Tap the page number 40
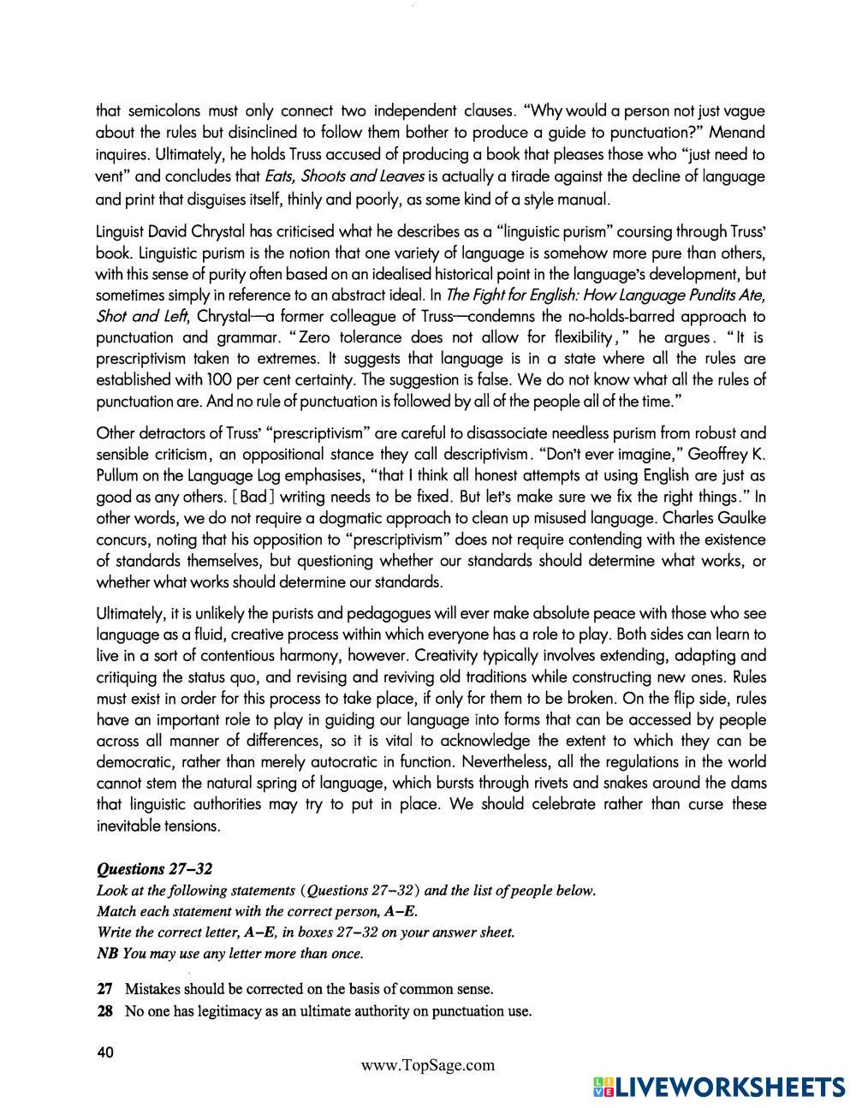pos(106,1051)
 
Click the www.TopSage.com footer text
pos(428,1065)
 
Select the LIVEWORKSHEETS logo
pos(718,1087)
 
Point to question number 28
pos(105,1011)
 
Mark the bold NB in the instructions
pos(108,953)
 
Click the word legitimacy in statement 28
pos(229,1011)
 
